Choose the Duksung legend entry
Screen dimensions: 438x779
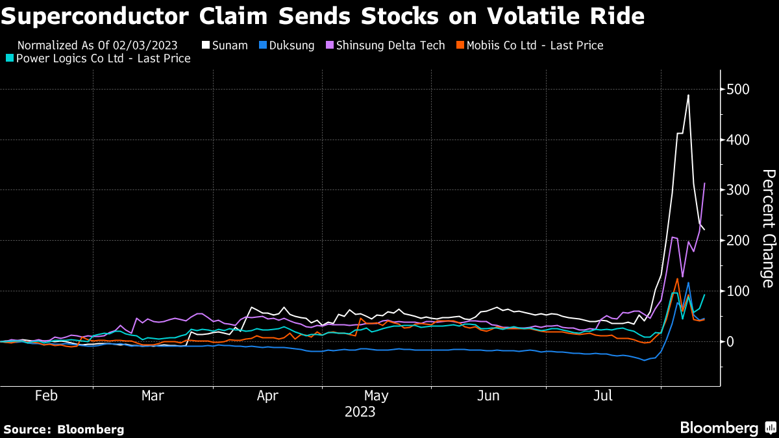[286, 45]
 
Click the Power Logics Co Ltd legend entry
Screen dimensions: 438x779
[101, 58]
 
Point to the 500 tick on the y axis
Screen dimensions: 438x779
[739, 89]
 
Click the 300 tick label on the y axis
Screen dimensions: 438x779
[739, 190]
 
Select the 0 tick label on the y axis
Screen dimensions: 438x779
[731, 341]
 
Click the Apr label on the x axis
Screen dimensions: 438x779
[268, 396]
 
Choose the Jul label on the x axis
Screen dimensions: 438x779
[604, 396]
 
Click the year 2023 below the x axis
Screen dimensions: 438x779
[360, 412]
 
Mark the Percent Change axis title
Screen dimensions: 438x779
[768, 228]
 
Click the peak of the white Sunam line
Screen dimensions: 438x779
[688, 95]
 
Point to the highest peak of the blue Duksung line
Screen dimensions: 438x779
[688, 283]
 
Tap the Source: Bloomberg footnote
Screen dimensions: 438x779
[64, 429]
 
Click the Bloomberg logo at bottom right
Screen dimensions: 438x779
[727, 428]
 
